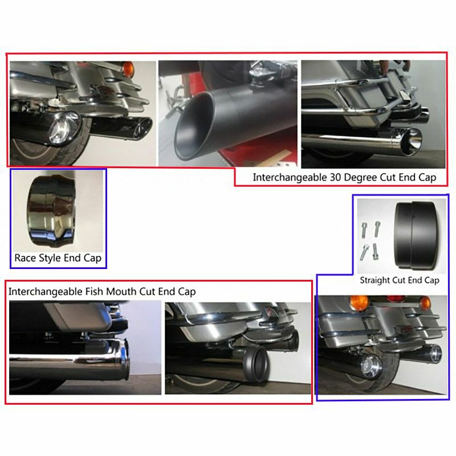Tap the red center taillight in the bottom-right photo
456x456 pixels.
[x=396, y=299]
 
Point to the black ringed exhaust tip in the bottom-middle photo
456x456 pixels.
[x=256, y=364]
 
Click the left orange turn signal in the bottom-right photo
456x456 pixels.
[x=359, y=303]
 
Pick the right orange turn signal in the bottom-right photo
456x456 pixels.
[x=425, y=303]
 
